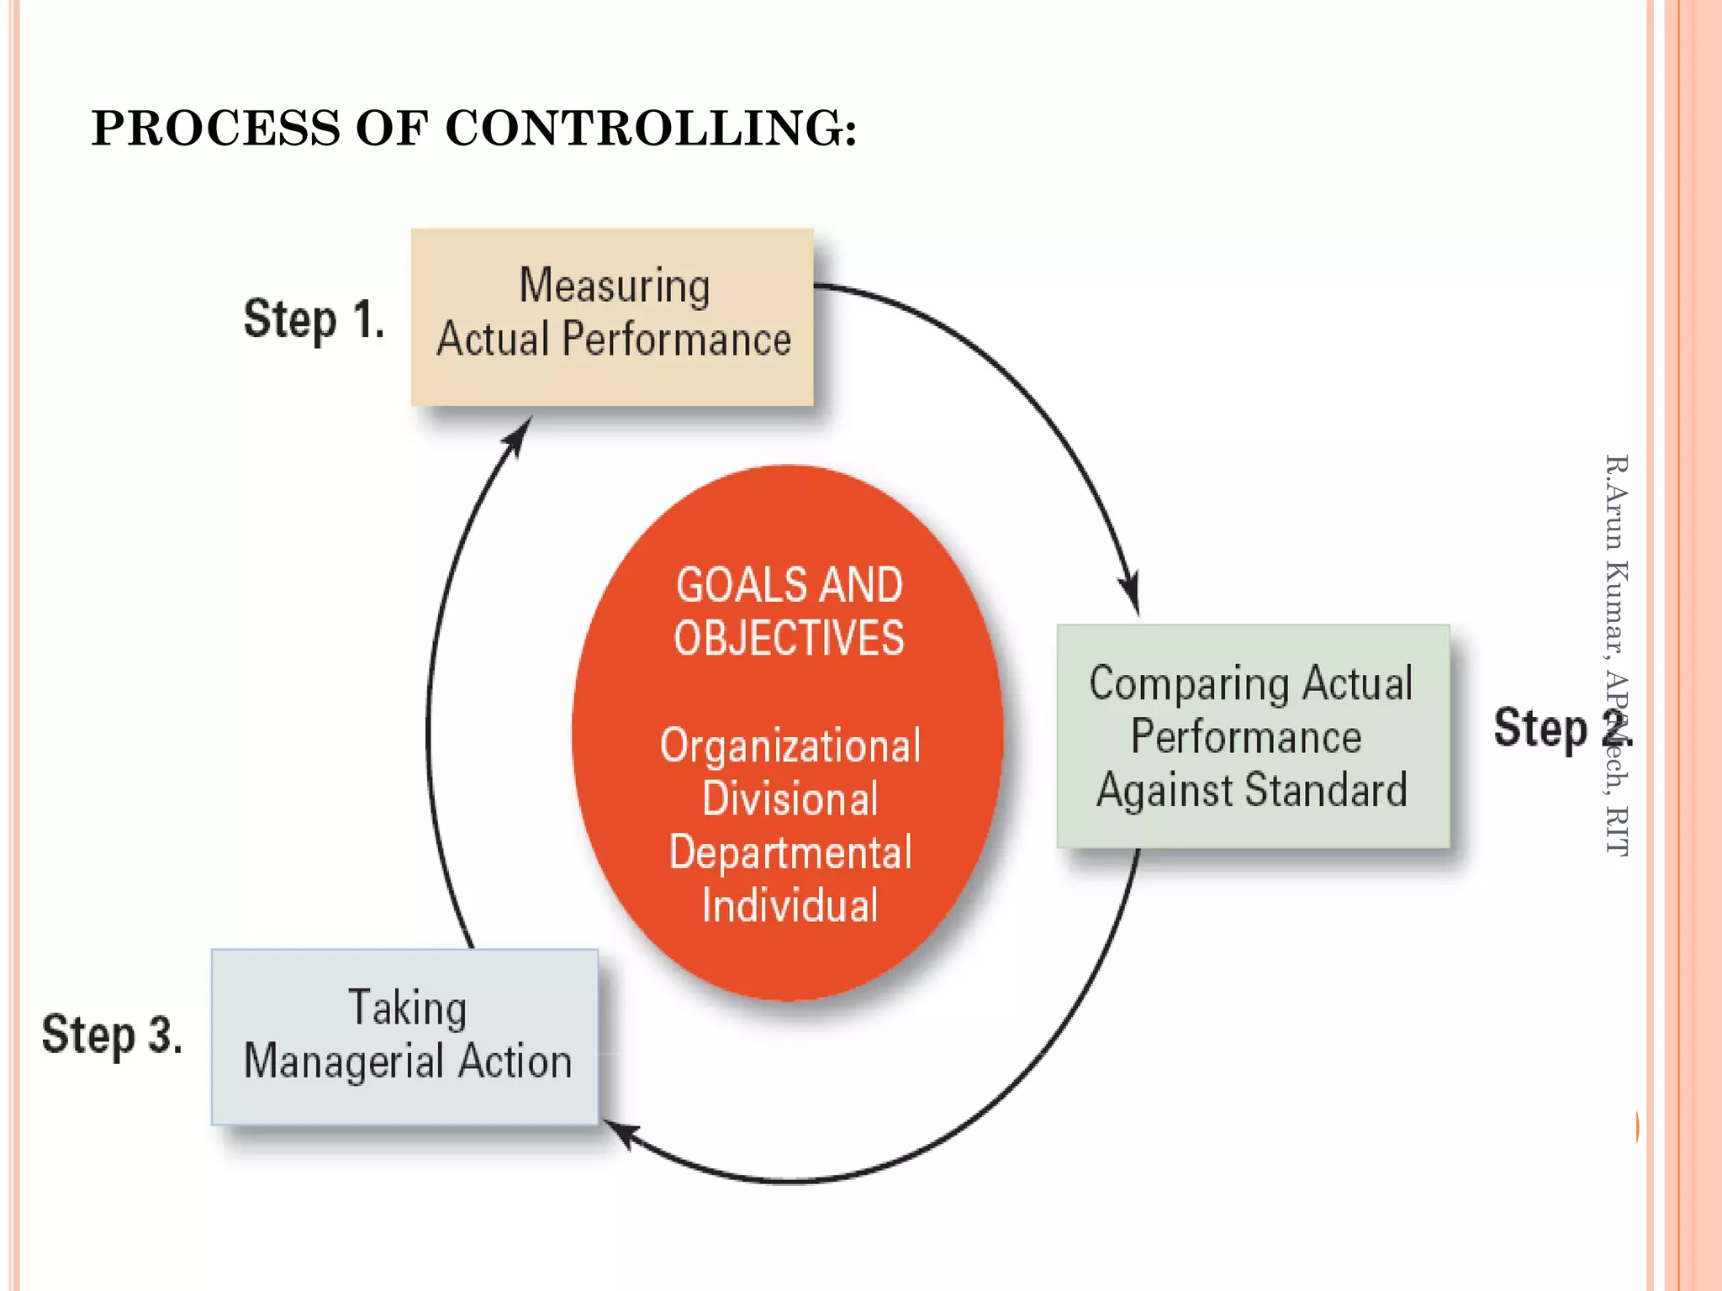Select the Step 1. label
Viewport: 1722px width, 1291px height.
[314, 320]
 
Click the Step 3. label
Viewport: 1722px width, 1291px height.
[112, 1035]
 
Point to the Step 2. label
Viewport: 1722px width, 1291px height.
[1561, 728]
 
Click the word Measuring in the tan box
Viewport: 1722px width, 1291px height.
[615, 287]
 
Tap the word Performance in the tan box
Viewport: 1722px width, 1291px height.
[676, 340]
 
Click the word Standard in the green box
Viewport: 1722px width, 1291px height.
[1326, 790]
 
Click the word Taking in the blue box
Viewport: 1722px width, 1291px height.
[407, 1008]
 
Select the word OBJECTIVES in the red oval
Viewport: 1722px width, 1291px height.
[789, 638]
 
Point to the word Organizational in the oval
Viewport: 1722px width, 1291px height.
[790, 746]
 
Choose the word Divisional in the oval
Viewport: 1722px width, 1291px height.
[790, 798]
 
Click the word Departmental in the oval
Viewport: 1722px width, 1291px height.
[790, 853]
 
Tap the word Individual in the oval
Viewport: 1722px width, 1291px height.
[790, 906]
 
